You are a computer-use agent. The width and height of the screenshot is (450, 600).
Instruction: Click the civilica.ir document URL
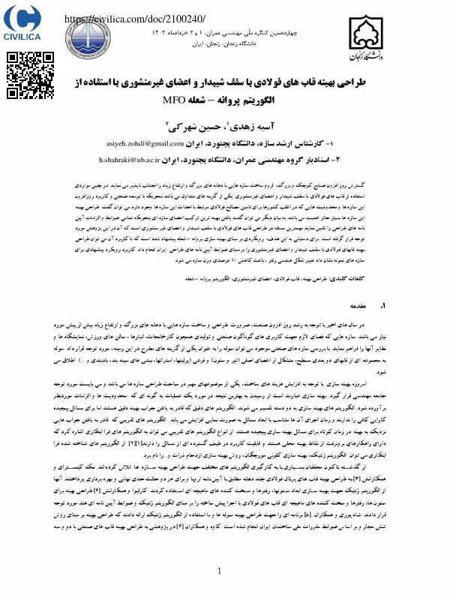pos(135,18)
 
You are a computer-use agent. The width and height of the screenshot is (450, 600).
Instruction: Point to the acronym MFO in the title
pos(174,100)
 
